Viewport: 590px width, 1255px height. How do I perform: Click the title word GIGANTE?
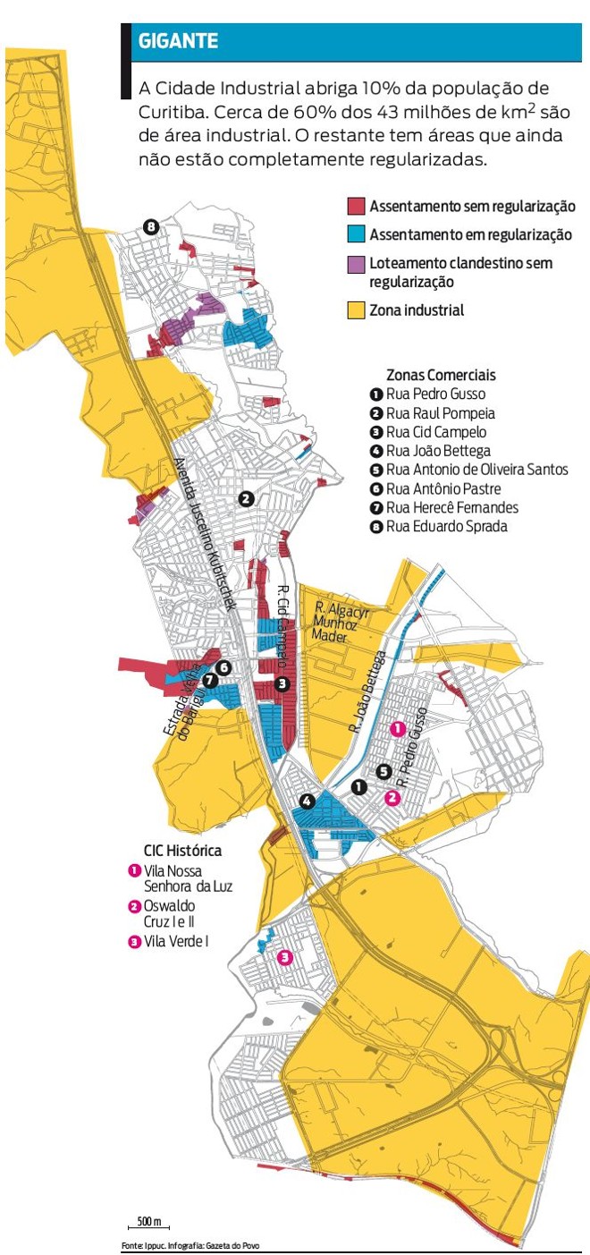178,41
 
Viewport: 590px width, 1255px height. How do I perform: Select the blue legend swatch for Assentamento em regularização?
356,234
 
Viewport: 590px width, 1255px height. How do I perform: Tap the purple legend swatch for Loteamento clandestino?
356,264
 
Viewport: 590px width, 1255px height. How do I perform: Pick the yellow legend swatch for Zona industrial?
356,310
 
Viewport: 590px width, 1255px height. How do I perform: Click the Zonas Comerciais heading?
441,375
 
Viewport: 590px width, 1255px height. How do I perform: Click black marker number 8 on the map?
151,226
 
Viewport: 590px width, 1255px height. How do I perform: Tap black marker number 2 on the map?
247,499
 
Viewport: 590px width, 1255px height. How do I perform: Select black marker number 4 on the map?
307,801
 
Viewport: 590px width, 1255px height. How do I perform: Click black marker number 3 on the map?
282,684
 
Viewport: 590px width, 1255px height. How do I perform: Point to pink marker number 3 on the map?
285,957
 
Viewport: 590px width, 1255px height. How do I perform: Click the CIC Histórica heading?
182,851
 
